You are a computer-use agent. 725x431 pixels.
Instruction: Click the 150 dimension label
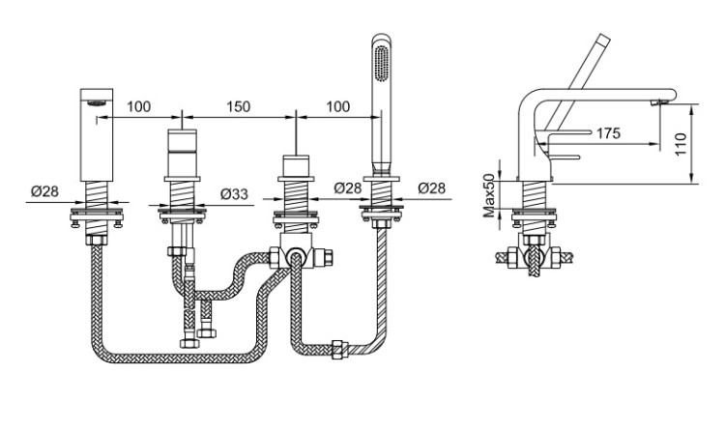pyautogui.click(x=238, y=106)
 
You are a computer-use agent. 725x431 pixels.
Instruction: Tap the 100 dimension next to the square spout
pyautogui.click(x=139, y=106)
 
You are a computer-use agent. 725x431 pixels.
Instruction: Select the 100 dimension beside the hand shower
pyautogui.click(x=338, y=106)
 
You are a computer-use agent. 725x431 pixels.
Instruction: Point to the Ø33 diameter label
pyautogui.click(x=234, y=194)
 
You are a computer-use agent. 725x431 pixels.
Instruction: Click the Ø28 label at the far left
pyautogui.click(x=45, y=190)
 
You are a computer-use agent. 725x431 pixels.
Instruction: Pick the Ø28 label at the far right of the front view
pyautogui.click(x=432, y=187)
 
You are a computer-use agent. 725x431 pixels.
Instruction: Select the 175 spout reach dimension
pyautogui.click(x=608, y=133)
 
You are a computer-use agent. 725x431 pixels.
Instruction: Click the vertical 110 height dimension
pyautogui.click(x=681, y=144)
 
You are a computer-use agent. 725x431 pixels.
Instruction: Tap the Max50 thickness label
pyautogui.click(x=488, y=195)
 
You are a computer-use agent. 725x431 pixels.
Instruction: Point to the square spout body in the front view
pyautogui.click(x=97, y=134)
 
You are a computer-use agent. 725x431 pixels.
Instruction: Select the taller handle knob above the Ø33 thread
pyautogui.click(x=182, y=153)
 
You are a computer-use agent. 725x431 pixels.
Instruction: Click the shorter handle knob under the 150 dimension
pyautogui.click(x=296, y=166)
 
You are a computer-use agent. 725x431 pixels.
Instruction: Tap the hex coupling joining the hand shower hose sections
pyautogui.click(x=339, y=349)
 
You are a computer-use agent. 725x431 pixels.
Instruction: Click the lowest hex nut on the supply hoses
pyautogui.click(x=189, y=343)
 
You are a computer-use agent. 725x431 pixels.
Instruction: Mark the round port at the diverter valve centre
pyautogui.click(x=295, y=257)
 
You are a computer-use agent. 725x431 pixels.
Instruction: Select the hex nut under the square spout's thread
pyautogui.click(x=97, y=240)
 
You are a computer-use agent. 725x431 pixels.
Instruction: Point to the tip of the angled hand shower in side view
pyautogui.click(x=605, y=39)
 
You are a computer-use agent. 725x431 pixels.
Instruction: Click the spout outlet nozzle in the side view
pyautogui.click(x=658, y=102)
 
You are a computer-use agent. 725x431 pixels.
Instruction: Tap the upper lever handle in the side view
pyautogui.click(x=569, y=132)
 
